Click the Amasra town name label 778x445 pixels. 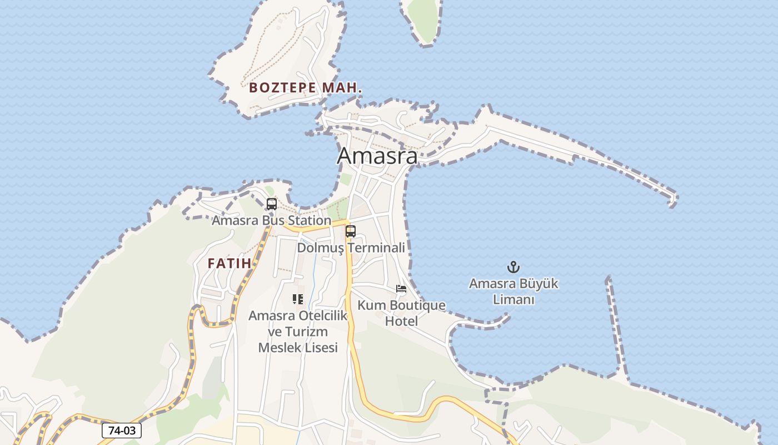377,156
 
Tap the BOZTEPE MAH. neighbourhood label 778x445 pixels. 306,88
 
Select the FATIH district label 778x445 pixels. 230,263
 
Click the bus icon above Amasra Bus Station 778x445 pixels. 271,204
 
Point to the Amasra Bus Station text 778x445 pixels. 271,220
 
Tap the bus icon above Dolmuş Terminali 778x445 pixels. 350,231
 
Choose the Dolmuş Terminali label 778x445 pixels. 351,248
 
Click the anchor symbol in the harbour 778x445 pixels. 513,268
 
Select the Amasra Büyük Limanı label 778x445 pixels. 513,291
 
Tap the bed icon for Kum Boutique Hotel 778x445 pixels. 401,289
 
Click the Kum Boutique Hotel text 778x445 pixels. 401,313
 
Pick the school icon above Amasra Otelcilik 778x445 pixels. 298,299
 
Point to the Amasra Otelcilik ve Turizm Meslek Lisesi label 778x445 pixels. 298,332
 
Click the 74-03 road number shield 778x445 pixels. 122,431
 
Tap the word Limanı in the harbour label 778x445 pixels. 513,300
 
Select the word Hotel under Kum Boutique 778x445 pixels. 401,321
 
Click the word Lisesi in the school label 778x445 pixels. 318,348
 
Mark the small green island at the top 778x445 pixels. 424,19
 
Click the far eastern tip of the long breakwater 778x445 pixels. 674,199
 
